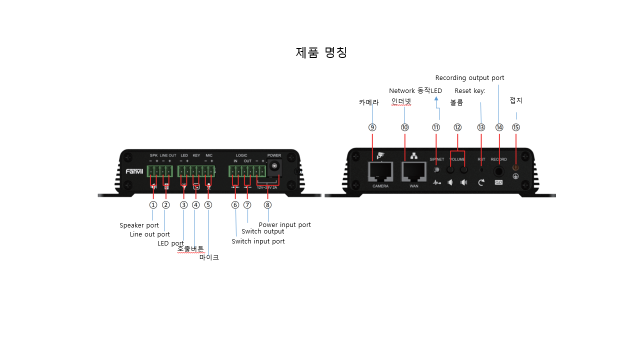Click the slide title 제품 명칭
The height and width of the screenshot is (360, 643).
point(321,52)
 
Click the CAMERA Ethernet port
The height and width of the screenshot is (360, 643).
point(380,171)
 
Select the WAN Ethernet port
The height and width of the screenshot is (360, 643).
point(413,171)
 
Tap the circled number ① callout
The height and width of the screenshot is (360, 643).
point(153,205)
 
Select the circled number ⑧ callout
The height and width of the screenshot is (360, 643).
point(267,205)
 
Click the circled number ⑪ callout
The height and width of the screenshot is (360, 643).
point(436,127)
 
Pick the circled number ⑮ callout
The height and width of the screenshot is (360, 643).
point(516,127)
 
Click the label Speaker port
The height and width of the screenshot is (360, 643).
point(139,225)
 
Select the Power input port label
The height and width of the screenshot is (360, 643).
point(284,225)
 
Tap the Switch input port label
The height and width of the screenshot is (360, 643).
point(258,241)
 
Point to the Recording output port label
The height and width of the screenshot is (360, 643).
point(469,78)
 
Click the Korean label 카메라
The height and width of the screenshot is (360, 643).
point(368,102)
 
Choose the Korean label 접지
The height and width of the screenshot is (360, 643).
point(516,100)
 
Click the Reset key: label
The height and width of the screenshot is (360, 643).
point(470,91)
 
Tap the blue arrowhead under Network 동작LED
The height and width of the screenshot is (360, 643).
point(436,98)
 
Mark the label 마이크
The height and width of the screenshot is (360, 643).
point(209,257)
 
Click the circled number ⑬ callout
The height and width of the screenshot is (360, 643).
point(481,127)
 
